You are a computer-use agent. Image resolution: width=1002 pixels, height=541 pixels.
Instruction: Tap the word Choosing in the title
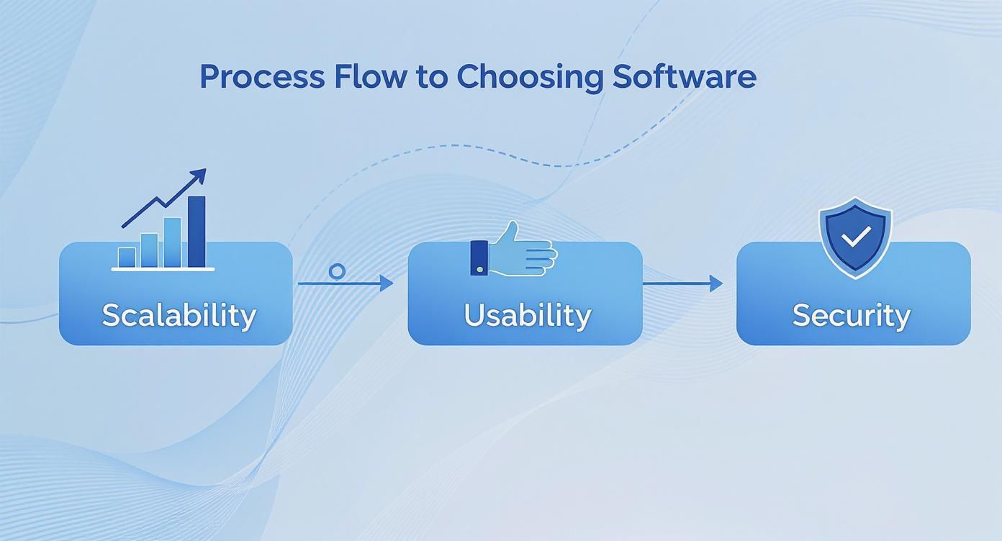[529, 77]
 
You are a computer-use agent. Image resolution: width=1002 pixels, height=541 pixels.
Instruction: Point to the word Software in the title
[684, 76]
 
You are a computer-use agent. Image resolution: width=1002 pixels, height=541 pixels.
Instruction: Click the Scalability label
[179, 315]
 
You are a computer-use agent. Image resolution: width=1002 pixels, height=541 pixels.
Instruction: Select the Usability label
[527, 315]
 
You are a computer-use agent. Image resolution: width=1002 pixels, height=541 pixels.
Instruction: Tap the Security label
[852, 315]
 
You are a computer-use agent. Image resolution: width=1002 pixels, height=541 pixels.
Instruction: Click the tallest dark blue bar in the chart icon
[197, 231]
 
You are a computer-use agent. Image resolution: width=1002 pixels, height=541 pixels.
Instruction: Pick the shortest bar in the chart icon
[127, 257]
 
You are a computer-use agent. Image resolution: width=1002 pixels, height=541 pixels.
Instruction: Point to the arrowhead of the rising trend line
[199, 175]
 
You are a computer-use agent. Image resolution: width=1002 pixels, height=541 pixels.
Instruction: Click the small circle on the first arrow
[336, 271]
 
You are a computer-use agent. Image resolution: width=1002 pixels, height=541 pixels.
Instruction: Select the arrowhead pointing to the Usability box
[387, 283]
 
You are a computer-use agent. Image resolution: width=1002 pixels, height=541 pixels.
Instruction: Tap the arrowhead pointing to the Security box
[716, 283]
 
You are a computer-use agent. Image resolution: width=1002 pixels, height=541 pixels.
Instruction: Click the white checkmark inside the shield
[856, 236]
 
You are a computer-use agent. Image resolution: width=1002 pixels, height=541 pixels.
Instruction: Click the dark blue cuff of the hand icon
[479, 258]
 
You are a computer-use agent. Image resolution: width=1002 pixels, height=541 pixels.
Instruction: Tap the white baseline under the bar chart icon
[163, 269]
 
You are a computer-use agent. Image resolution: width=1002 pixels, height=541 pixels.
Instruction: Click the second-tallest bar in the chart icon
[173, 242]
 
